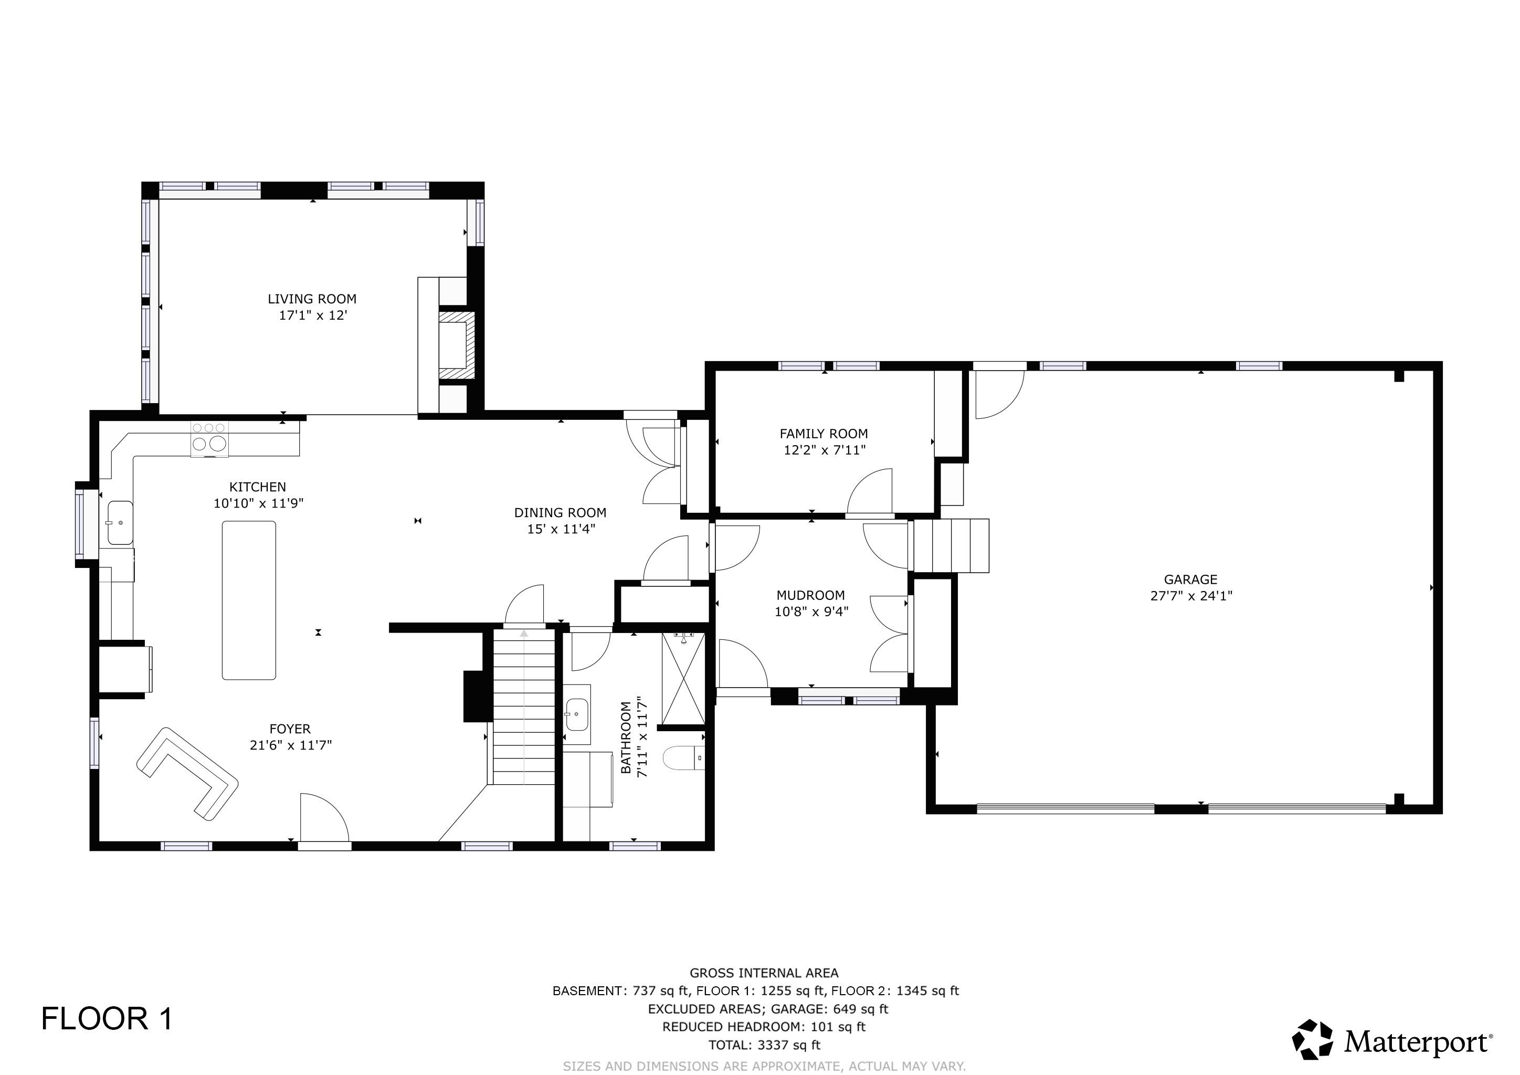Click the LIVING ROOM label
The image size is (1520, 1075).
[x=312, y=299]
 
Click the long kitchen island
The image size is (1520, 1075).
[x=249, y=600]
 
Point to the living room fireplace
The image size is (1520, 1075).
[x=457, y=345]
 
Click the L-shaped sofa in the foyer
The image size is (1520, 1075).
[x=187, y=774]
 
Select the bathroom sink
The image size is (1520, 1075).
[x=577, y=715]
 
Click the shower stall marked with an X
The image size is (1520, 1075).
[x=683, y=679]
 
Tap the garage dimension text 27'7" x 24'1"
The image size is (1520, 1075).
[x=1191, y=596]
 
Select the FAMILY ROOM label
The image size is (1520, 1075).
[x=824, y=434]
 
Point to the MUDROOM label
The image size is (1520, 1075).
[x=810, y=595]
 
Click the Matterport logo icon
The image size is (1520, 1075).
[x=1313, y=1039]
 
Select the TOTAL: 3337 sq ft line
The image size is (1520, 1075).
[x=764, y=1045]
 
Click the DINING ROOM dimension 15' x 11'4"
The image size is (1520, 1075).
[x=561, y=529]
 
